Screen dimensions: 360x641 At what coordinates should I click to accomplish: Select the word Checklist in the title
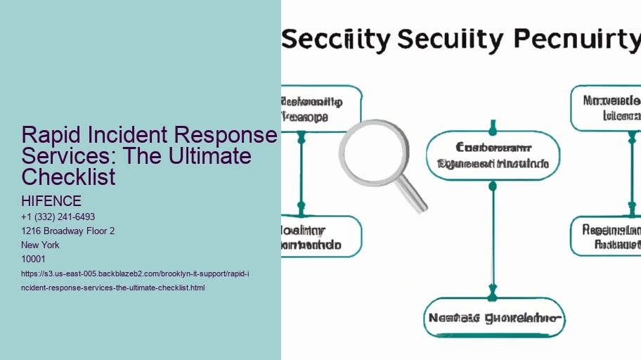pos(69,176)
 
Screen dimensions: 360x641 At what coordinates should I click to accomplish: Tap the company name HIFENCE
pos(52,202)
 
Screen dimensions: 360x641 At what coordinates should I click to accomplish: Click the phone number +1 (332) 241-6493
pos(59,217)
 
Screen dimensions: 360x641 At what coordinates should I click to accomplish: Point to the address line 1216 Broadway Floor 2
pos(68,231)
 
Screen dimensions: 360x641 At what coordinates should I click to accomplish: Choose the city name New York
pos(41,245)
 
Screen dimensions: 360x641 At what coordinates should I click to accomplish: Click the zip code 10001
pos(34,259)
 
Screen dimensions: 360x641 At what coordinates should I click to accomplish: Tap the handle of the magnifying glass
pos(413,196)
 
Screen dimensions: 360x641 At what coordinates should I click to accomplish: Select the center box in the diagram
pos(493,156)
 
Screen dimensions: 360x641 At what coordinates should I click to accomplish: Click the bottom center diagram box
pos(494,318)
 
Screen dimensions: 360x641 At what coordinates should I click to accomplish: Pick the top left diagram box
pos(320,108)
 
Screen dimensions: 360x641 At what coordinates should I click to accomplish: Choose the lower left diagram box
pos(320,236)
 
